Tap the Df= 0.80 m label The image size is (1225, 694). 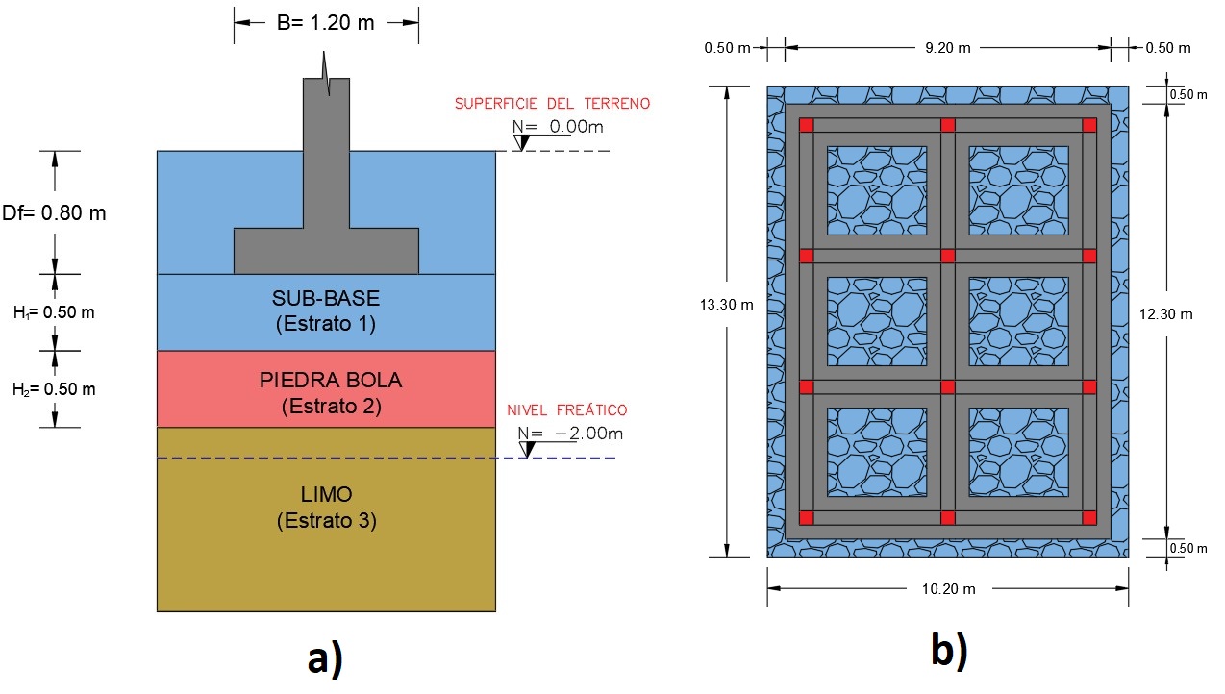pos(53,212)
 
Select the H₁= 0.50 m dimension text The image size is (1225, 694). pos(53,311)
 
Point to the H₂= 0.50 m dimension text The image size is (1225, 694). pos(53,389)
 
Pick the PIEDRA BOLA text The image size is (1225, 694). pos(331,380)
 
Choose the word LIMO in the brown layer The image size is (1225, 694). pos(326,494)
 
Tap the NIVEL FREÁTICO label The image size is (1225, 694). pos(567,411)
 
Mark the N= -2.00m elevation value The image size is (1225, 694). pos(570,434)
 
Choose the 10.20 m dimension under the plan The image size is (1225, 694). pos(947,588)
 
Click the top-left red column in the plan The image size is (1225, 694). pos(807,125)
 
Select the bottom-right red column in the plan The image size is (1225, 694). pos(1089,518)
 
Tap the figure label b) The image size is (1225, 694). pos(948,652)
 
